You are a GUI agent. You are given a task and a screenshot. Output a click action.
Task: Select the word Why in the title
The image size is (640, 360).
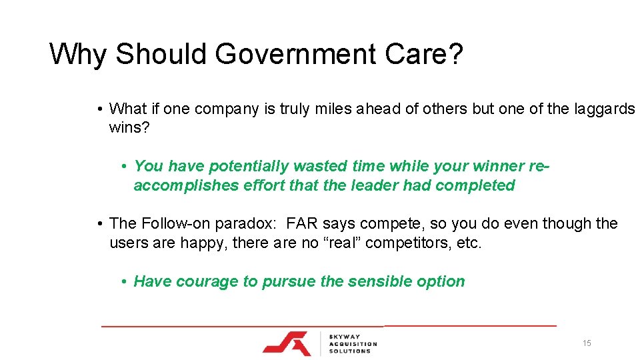[77, 54]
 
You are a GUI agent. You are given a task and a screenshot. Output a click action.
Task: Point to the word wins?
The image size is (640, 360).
[129, 127]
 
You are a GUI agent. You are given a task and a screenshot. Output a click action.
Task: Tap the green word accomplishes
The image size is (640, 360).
[181, 185]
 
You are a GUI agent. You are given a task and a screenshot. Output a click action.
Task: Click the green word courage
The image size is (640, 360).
[206, 281]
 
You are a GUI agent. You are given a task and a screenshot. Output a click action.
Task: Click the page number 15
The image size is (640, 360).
[587, 343]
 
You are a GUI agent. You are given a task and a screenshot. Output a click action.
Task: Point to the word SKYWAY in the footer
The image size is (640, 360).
[345, 336]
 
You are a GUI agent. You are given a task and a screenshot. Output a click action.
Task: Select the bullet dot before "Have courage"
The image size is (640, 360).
[125, 281]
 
